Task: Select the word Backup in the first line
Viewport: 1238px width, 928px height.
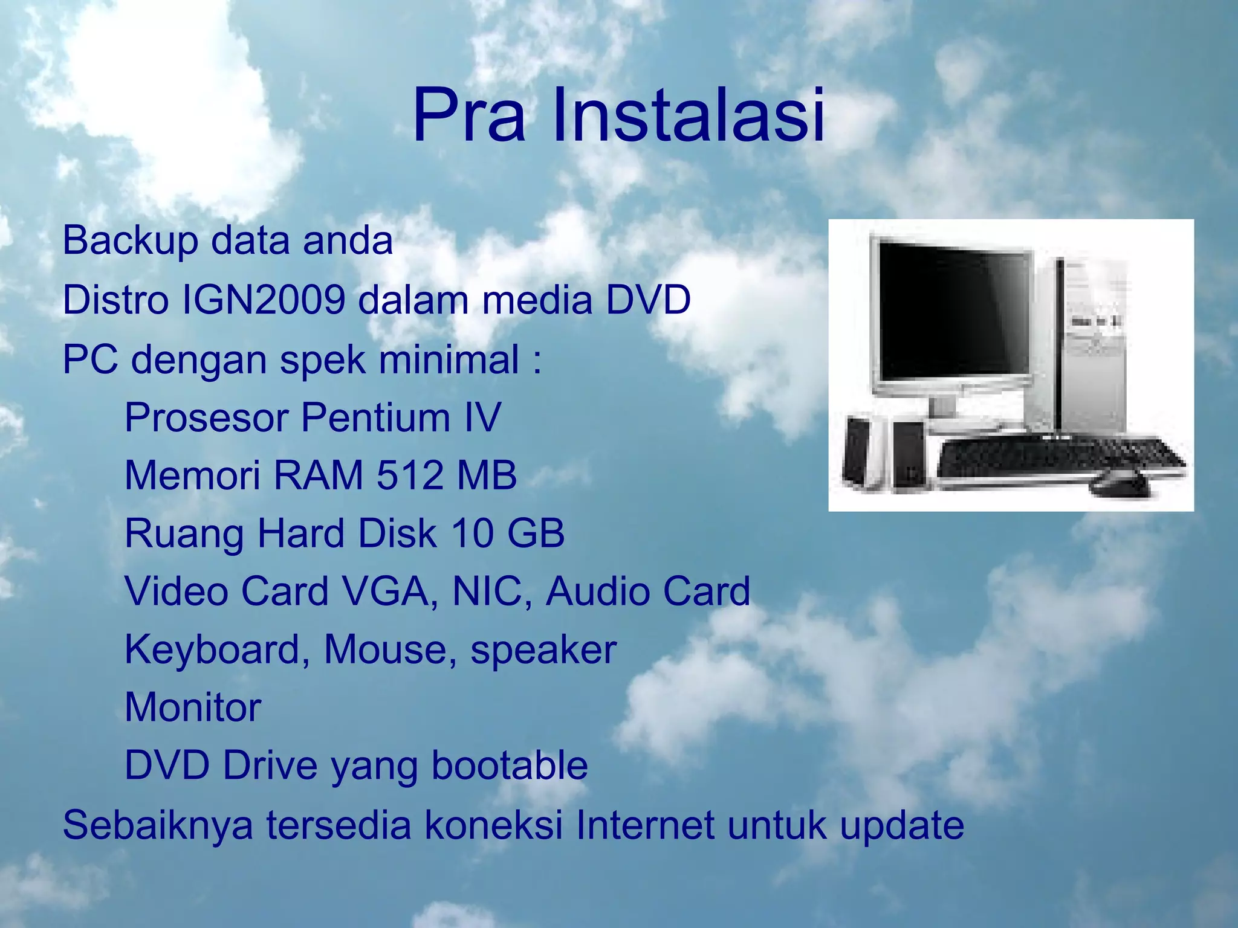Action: coord(130,241)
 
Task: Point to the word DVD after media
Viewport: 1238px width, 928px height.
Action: coord(648,300)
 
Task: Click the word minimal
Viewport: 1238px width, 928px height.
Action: coord(449,359)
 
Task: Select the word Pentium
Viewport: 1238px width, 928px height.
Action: coord(375,417)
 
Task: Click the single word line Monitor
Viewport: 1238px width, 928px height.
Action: coord(193,707)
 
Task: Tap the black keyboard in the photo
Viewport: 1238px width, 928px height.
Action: coord(1058,459)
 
